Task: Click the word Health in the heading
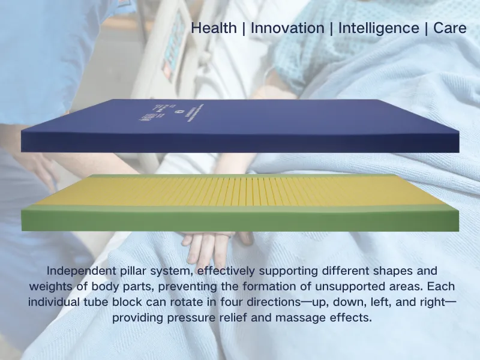click(214, 28)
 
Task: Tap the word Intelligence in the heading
click(378, 28)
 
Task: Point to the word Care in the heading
click(449, 28)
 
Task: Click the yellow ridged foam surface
click(240, 191)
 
